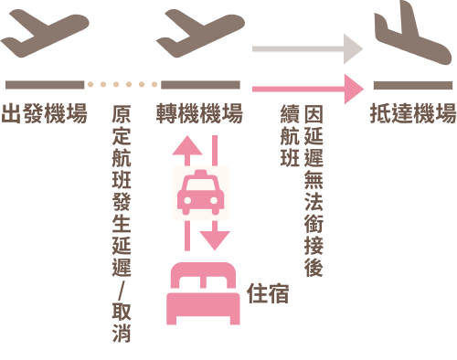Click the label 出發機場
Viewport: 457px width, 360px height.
(45, 113)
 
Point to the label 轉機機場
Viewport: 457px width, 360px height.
(199, 113)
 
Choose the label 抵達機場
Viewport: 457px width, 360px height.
(413, 113)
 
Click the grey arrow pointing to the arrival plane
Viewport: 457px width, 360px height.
(307, 48)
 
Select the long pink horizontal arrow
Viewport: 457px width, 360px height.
(308, 89)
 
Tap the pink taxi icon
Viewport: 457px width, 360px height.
(201, 193)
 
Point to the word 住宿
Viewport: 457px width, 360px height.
(268, 293)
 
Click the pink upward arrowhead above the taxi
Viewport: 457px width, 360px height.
(187, 146)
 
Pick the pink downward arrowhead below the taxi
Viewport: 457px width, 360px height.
(215, 240)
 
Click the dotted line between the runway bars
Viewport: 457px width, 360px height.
(122, 84)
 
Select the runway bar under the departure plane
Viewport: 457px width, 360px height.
(45, 85)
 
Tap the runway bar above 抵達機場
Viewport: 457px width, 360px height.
(413, 85)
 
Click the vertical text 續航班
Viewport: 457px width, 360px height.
(290, 136)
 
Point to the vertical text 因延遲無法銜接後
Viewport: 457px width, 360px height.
(314, 191)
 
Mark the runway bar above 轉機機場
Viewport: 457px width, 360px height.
(200, 85)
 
